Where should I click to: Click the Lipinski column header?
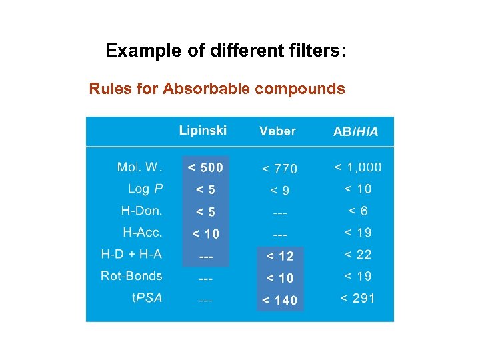203,130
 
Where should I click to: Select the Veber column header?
277,131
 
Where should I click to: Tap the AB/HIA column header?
355,132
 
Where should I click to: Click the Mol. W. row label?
139,167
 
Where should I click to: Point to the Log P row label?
145,189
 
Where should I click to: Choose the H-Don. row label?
141,211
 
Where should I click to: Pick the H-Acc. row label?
143,233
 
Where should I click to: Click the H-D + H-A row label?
131,254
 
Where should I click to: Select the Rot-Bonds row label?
131,276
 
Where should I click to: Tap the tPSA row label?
146,297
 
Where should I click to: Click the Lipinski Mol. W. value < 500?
205,167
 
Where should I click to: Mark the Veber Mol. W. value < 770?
279,169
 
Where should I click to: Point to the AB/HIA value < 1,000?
358,167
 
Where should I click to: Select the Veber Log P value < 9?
279,191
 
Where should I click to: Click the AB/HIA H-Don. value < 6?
358,211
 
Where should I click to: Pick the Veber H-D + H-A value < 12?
280,256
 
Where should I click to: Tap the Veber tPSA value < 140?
279,300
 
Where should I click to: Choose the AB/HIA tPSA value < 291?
358,298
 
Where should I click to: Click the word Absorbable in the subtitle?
206,89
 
